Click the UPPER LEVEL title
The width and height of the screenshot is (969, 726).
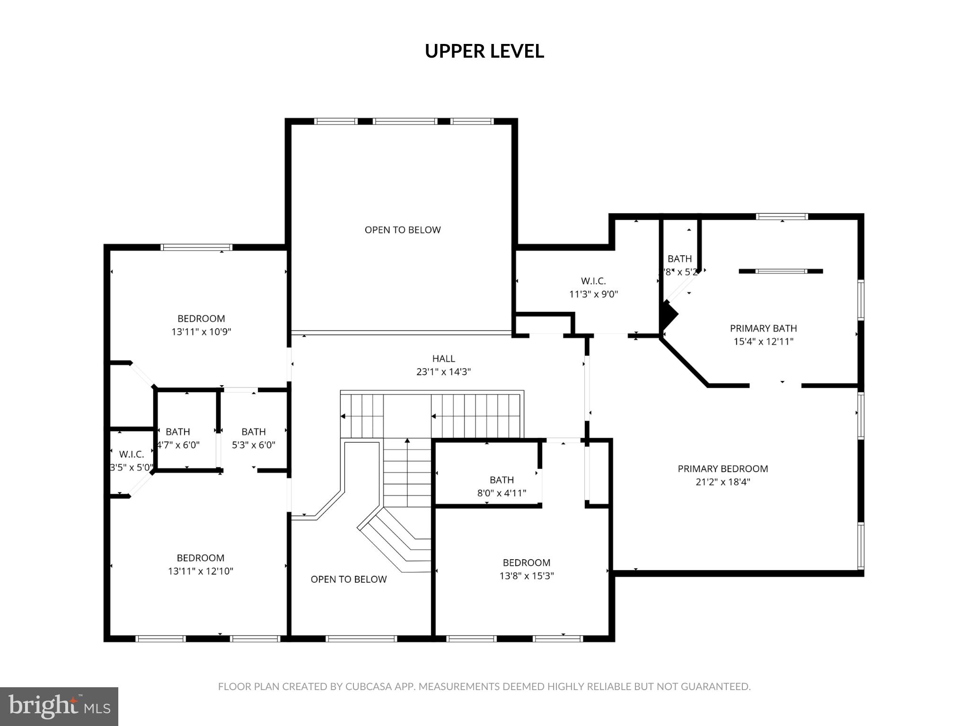(484, 51)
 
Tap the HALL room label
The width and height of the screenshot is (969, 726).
(443, 359)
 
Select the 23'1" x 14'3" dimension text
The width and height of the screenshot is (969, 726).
(443, 372)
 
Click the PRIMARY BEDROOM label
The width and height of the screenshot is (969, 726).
(722, 469)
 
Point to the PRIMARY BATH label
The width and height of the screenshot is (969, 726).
(763, 328)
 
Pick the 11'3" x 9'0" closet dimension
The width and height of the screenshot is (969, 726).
(593, 294)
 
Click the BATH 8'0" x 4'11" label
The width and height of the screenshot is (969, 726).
(502, 480)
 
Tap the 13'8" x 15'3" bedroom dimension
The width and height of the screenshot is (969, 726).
(526, 576)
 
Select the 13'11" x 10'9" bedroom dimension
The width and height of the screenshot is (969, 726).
(201, 332)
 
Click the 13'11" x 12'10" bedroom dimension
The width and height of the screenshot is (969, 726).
(201, 571)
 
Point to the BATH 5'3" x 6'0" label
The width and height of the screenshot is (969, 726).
(254, 432)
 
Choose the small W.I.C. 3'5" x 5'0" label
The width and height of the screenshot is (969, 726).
(132, 455)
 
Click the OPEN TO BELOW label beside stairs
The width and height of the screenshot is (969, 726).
(349, 579)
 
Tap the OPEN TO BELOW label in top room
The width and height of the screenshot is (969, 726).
(403, 230)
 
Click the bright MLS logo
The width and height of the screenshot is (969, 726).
(59, 706)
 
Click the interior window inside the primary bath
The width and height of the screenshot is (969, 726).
(781, 271)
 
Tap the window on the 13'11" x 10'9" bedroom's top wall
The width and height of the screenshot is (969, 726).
(196, 247)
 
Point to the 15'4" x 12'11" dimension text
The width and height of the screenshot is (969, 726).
(763, 341)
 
